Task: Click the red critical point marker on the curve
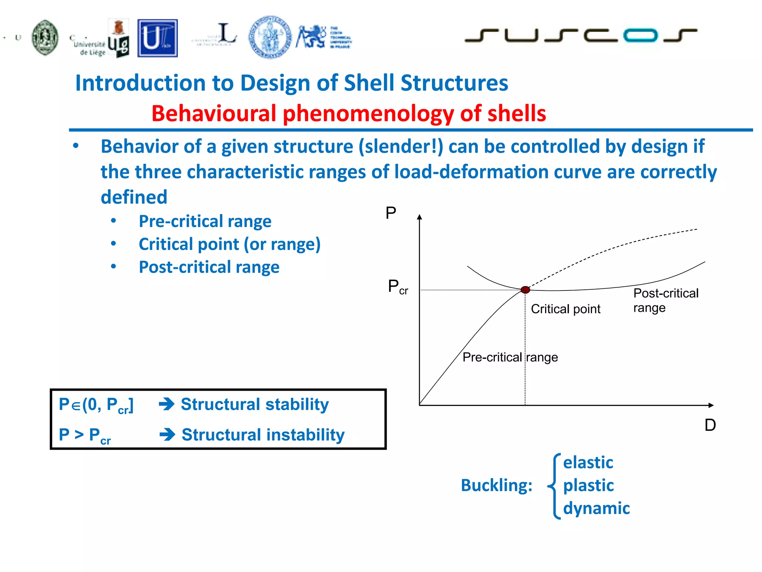click(525, 290)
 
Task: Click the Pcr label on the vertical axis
click(397, 287)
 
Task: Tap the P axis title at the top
click(391, 213)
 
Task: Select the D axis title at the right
click(710, 425)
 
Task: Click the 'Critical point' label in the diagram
click(565, 309)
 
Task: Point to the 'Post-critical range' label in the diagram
click(665, 300)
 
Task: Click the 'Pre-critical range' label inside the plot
click(510, 357)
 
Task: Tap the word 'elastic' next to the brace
click(588, 463)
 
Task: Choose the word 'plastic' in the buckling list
click(588, 485)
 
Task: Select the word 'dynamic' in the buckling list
click(596, 508)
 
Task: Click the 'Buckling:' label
click(496, 485)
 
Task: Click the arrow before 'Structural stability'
click(166, 404)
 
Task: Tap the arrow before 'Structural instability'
click(167, 435)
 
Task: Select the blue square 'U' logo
click(157, 38)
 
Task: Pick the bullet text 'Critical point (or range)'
click(229, 244)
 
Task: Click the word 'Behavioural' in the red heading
click(214, 113)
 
